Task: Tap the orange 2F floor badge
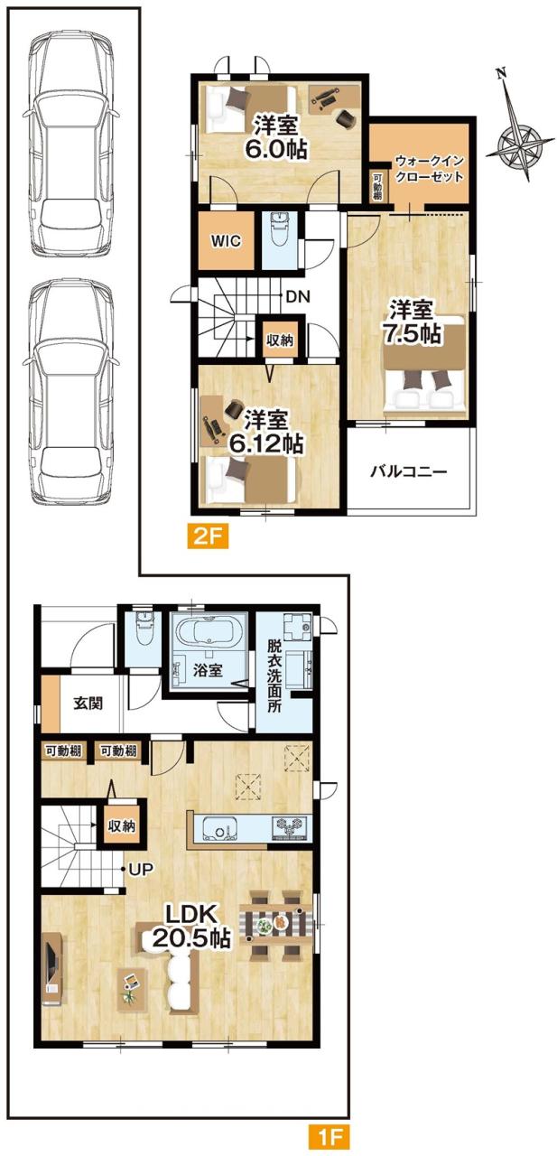click(x=207, y=536)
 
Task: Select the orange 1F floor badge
click(x=329, y=1136)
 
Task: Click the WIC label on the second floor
click(x=226, y=241)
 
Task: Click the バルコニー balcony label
click(x=408, y=471)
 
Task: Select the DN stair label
click(x=298, y=296)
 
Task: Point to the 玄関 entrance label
click(x=88, y=703)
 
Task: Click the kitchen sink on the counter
click(x=221, y=829)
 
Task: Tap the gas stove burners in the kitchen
click(x=292, y=829)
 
